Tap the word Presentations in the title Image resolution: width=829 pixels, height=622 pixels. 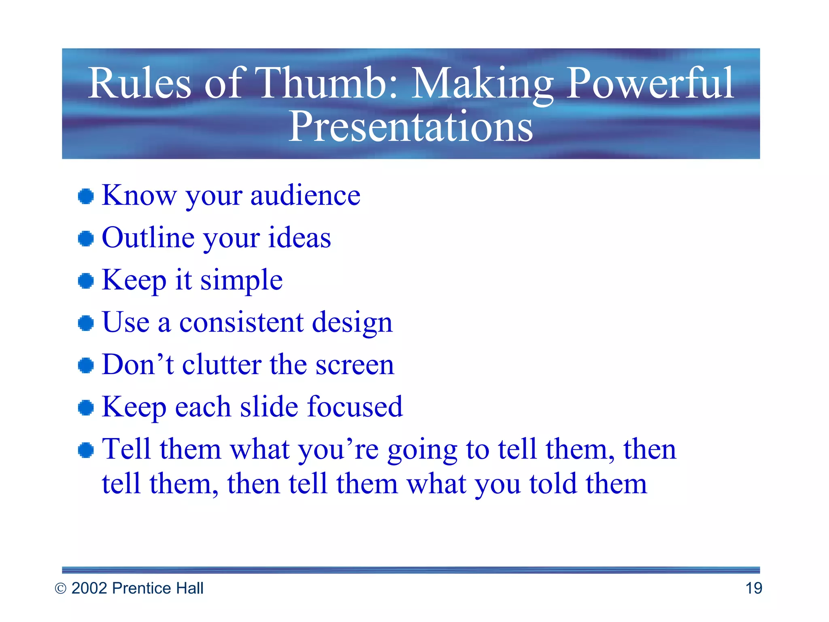pyautogui.click(x=410, y=127)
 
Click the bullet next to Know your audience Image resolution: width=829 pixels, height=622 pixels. pyautogui.click(x=86, y=196)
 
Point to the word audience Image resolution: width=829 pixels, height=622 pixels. pyautogui.click(x=305, y=196)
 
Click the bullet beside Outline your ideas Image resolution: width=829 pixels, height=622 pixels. pyautogui.click(x=86, y=239)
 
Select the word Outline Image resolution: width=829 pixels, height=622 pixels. pyautogui.click(x=148, y=238)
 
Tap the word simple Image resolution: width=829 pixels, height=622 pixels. pyautogui.click(x=242, y=281)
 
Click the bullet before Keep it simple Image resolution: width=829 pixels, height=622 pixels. pyautogui.click(x=86, y=281)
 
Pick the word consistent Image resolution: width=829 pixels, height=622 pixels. pyautogui.click(x=241, y=323)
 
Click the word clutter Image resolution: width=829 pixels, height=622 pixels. pyautogui.click(x=221, y=365)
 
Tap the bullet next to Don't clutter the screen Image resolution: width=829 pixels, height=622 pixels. pyautogui.click(x=86, y=365)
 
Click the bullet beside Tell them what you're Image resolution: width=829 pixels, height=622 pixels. pyautogui.click(x=86, y=450)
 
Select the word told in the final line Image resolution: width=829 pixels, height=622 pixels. pyautogui.click(x=553, y=484)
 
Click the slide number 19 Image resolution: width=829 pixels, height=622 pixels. pyautogui.click(x=753, y=588)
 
